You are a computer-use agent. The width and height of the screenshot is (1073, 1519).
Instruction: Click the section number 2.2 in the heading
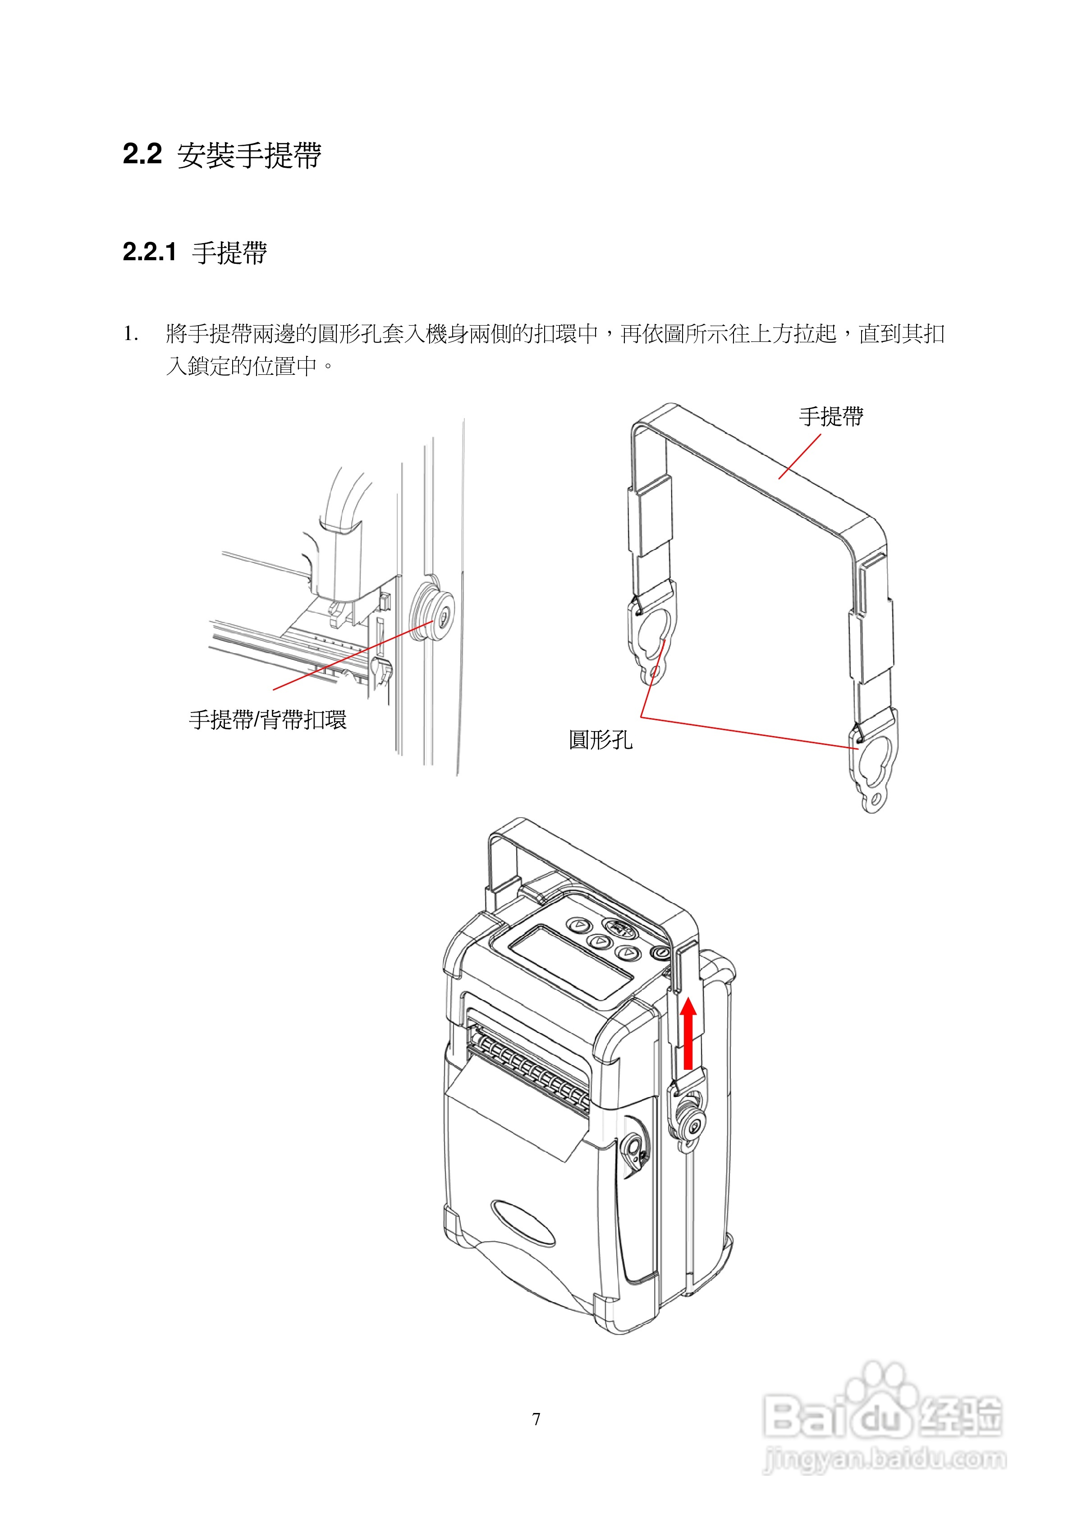pyautogui.click(x=142, y=154)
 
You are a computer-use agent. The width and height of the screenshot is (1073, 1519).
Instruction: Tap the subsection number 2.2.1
pyautogui.click(x=150, y=252)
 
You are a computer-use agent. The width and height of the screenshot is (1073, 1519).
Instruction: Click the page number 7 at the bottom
pyautogui.click(x=536, y=1418)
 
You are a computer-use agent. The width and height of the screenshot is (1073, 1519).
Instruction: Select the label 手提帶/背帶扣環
pyautogui.click(x=267, y=720)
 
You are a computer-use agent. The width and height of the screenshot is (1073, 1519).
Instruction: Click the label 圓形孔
pyautogui.click(x=600, y=740)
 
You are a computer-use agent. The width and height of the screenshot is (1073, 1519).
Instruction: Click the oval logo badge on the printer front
pyautogui.click(x=523, y=1223)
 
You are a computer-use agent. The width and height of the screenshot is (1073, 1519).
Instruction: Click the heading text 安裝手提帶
pyautogui.click(x=249, y=156)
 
